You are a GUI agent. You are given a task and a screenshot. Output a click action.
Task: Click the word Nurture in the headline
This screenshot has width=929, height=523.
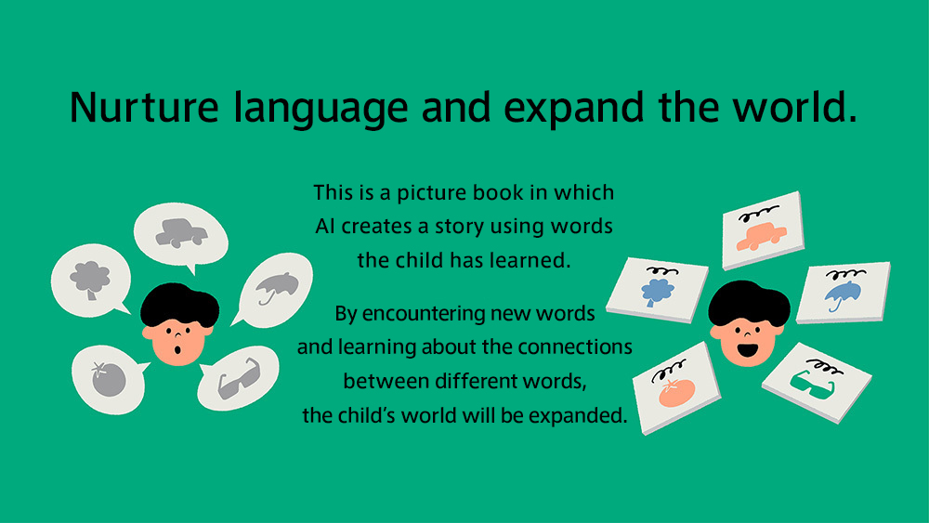click(144, 108)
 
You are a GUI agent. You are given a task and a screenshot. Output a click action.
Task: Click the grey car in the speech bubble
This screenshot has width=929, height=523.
click(181, 233)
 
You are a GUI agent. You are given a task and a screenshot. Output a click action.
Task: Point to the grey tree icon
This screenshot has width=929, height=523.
click(90, 280)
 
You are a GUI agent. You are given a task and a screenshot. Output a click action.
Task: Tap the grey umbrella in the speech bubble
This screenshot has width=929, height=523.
click(277, 288)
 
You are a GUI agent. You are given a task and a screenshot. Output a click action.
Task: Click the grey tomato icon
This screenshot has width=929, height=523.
click(109, 378)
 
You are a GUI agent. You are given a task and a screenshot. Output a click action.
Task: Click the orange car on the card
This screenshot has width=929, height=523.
click(762, 236)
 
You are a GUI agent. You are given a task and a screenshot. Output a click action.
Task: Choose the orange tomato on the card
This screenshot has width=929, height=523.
click(676, 392)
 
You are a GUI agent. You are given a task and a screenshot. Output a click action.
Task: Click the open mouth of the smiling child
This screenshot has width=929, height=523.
click(748, 348)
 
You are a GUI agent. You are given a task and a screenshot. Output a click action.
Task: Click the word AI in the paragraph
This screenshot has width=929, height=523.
click(324, 227)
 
